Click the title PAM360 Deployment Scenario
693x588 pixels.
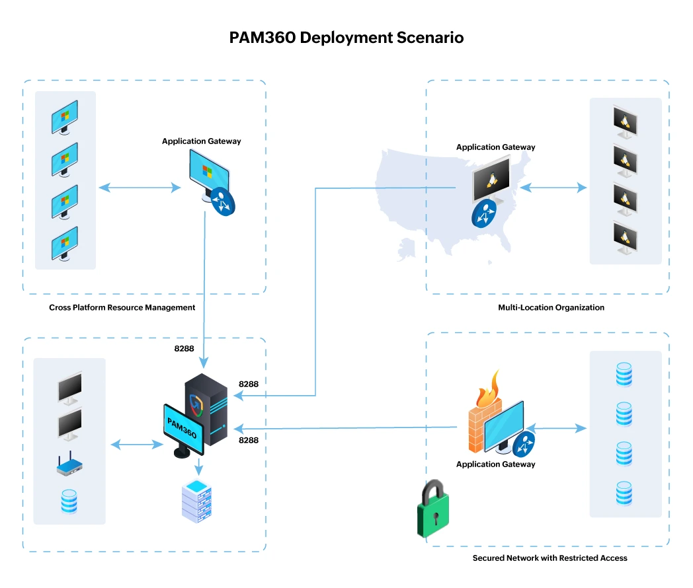point(346,38)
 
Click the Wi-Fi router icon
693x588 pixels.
point(69,466)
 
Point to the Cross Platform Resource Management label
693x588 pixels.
point(122,307)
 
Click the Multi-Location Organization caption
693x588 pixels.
point(551,307)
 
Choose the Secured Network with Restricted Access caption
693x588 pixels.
point(550,558)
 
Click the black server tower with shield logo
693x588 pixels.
point(206,410)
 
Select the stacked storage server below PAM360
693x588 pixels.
point(198,503)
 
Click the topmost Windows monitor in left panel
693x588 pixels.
point(65,118)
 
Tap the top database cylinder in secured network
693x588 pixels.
point(624,375)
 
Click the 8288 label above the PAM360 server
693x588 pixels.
point(184,349)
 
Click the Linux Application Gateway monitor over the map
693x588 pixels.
point(491,179)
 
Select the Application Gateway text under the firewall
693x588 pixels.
point(495,464)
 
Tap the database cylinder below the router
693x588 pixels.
point(69,501)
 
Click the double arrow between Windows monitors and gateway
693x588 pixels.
point(140,188)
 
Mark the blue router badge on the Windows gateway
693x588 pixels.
point(223,202)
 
